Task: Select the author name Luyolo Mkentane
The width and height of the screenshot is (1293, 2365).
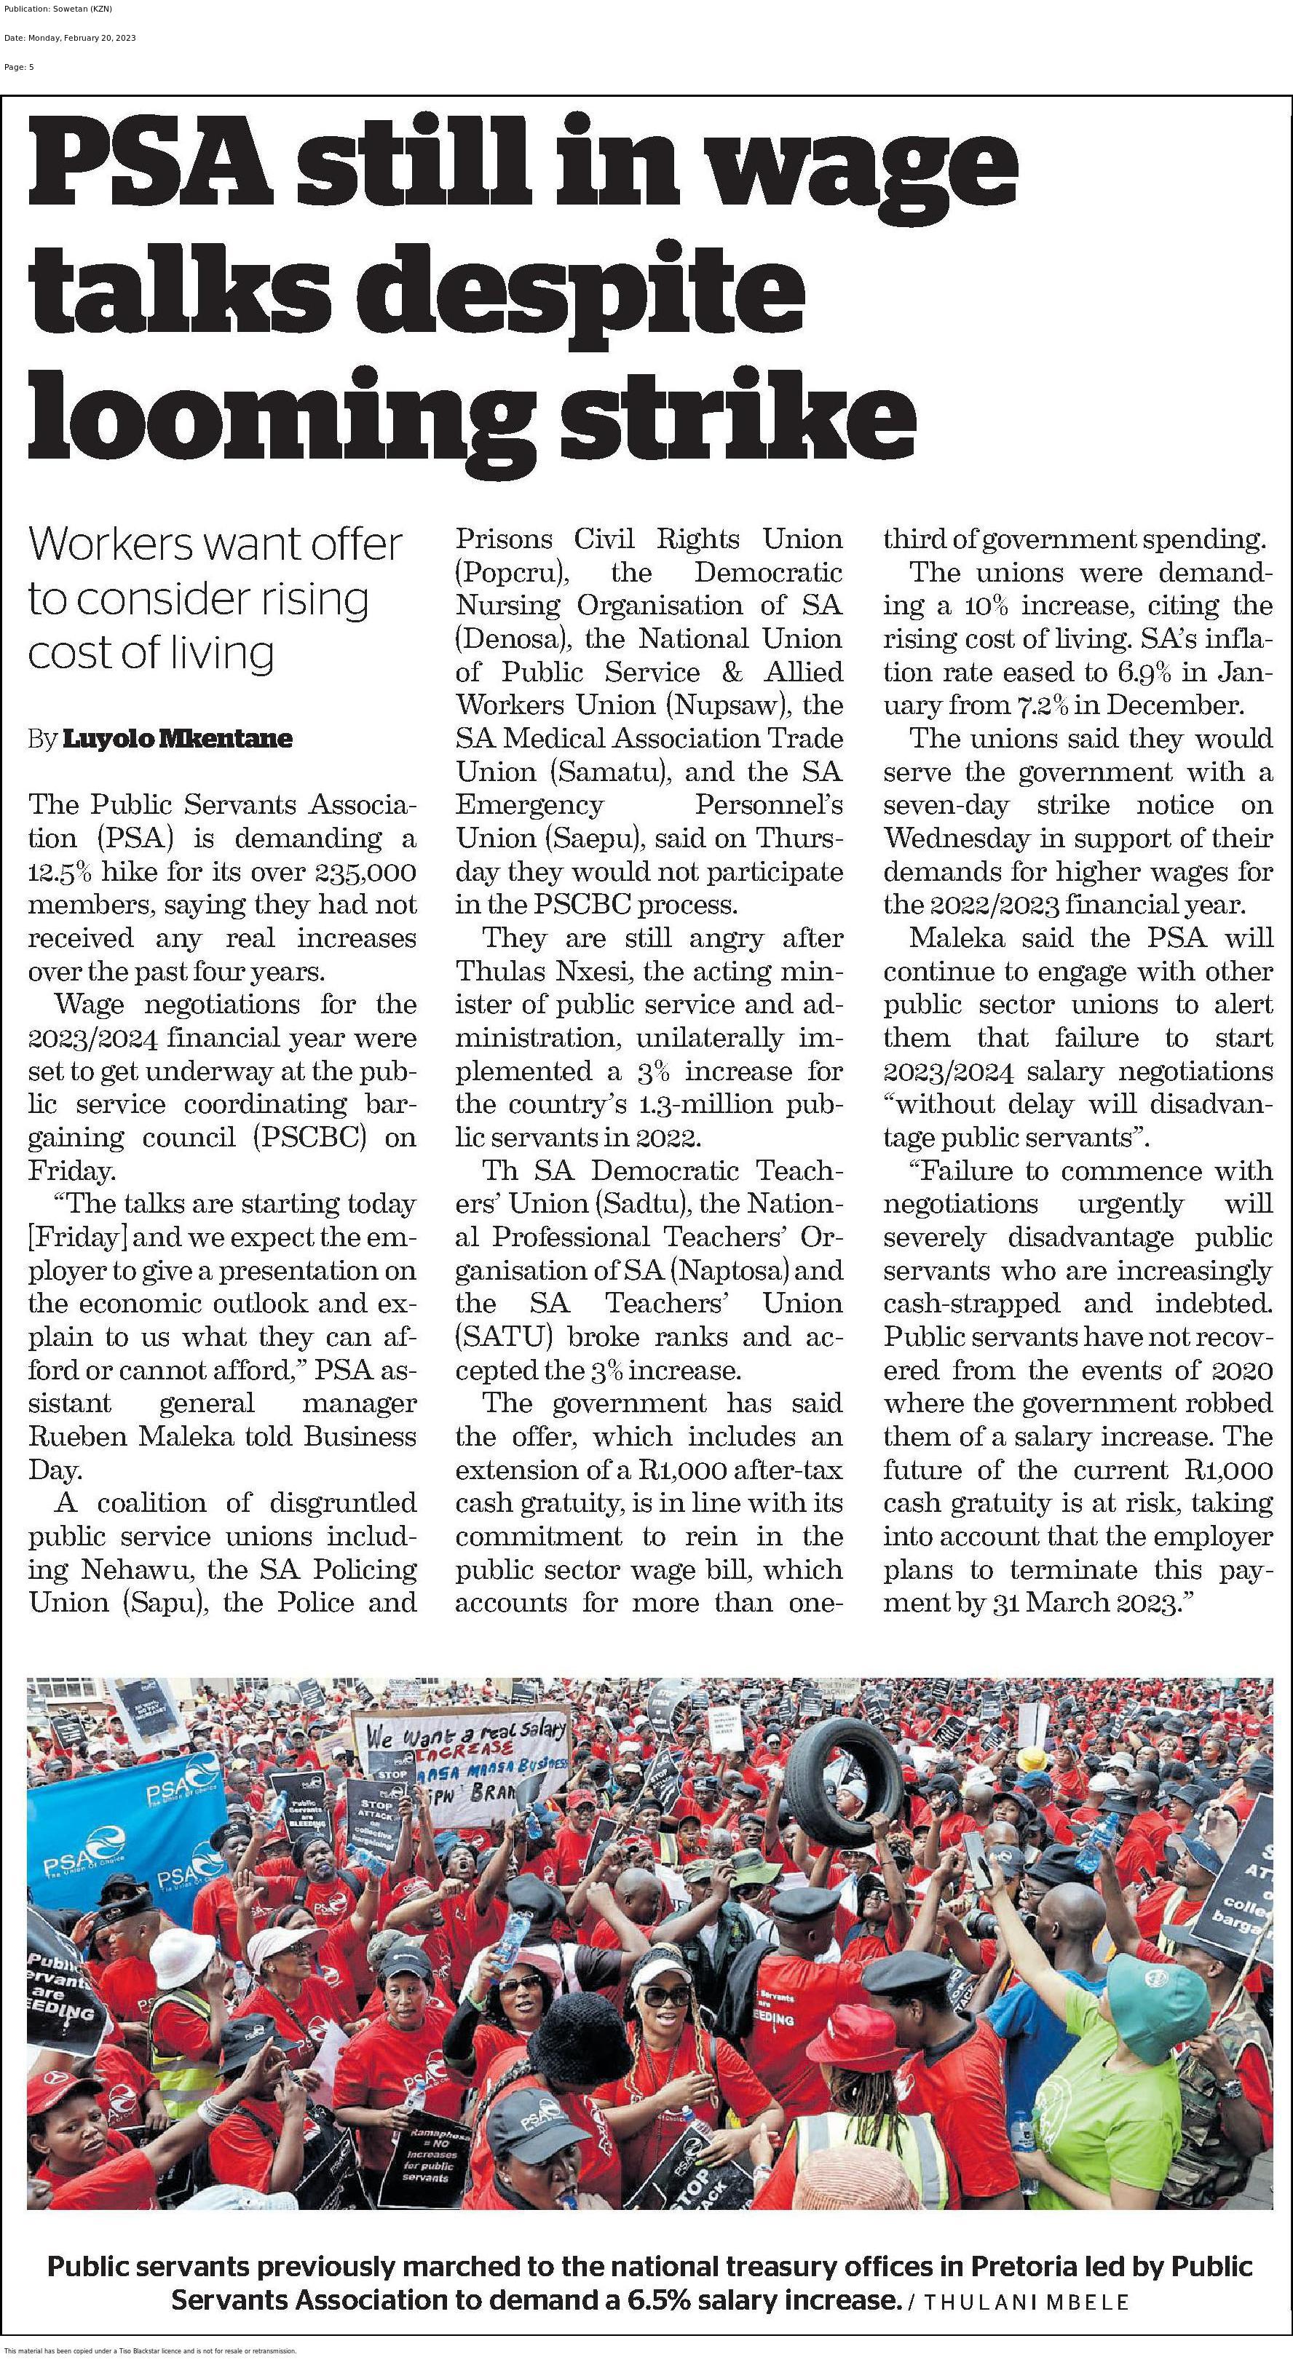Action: coord(177,738)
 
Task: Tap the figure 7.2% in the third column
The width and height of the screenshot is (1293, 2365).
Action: coord(1041,705)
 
